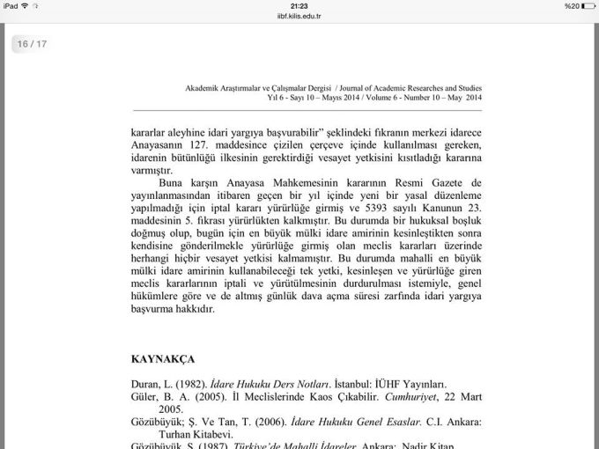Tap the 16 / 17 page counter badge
pos(32,43)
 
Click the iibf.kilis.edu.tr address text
pos(299,15)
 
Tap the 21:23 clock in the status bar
pos(299,5)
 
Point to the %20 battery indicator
pos(578,5)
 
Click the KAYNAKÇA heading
pos(164,360)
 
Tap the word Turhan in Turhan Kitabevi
pos(176,434)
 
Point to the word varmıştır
pos(152,172)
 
